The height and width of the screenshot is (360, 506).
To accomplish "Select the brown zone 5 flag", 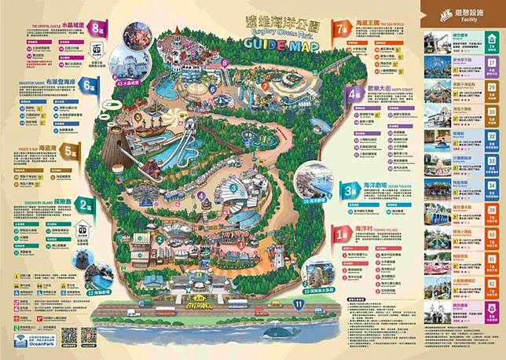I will point(72,151).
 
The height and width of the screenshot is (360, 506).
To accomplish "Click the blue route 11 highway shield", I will point(298,303).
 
